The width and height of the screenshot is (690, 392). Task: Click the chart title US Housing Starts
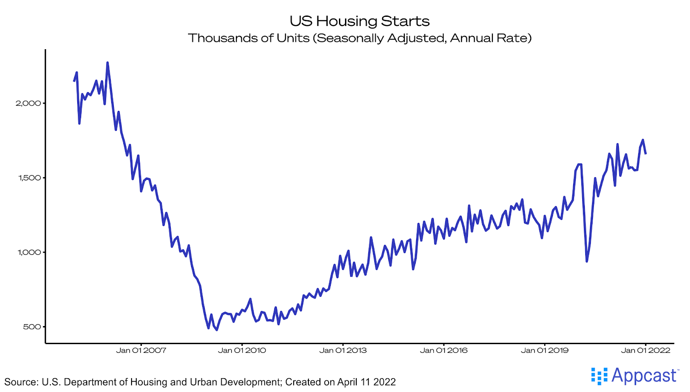(359, 21)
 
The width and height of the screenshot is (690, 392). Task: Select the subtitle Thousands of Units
(359, 38)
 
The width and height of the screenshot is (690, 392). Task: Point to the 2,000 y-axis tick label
(28, 103)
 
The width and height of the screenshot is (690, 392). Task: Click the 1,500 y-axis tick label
(29, 178)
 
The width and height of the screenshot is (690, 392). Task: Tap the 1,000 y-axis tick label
(29, 252)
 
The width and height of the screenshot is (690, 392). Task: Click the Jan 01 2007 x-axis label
(141, 350)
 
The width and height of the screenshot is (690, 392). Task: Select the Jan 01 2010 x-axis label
(242, 350)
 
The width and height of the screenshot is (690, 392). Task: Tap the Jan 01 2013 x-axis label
(343, 350)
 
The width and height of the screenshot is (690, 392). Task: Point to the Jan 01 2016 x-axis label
(444, 350)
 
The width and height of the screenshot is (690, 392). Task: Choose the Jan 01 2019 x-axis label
(545, 350)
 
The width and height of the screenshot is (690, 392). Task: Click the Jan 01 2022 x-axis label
(646, 350)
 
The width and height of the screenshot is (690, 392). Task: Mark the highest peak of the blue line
(107, 63)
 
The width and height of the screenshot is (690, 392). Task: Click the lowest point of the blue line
(216, 330)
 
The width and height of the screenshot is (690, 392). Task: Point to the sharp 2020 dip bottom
(587, 261)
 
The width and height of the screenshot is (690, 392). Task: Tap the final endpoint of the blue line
(646, 154)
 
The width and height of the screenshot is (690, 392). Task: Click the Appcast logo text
(644, 376)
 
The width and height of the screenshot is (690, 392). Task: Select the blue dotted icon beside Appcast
(599, 376)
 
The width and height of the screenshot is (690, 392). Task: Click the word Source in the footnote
(20, 382)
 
